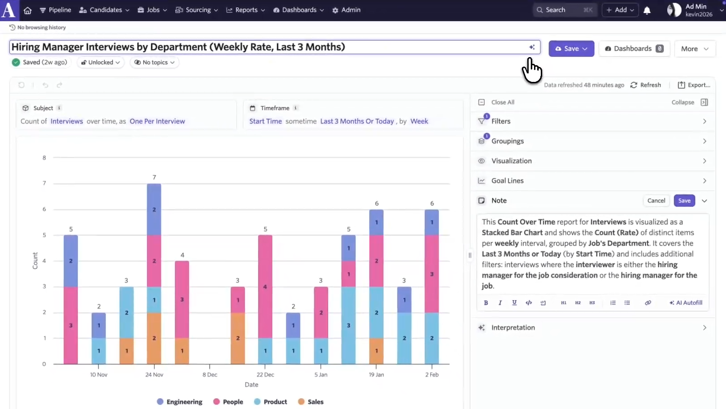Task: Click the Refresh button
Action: pos(646,85)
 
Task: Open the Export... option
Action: pos(694,85)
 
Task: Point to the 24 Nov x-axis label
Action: pos(154,374)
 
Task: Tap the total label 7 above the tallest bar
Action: pos(154,177)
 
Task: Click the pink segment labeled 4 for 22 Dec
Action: pos(265,286)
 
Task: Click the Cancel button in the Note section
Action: pos(656,201)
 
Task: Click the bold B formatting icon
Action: pos(486,303)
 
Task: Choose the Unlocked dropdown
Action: pos(101,63)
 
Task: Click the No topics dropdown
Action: pos(155,63)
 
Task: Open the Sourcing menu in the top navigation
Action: pos(197,10)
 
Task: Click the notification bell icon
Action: pos(647,10)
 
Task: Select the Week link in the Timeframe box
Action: pos(419,121)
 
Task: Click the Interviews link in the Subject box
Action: pos(67,121)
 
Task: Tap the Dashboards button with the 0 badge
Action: pos(634,49)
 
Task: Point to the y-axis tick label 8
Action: pos(44,158)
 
